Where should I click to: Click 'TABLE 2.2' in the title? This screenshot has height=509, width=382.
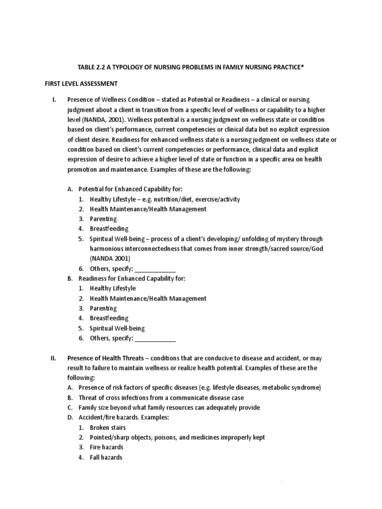click(95, 67)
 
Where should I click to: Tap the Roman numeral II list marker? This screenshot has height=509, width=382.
click(55, 358)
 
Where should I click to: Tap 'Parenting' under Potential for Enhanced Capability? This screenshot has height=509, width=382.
click(103, 219)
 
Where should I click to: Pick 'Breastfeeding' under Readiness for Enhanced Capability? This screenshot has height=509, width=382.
click(109, 318)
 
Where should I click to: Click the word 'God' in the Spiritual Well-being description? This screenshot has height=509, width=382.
click(317, 249)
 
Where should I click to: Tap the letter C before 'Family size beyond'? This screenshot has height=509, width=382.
click(70, 408)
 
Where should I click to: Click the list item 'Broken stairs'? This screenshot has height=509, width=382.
click(107, 427)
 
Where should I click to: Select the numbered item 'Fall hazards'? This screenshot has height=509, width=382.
click(106, 457)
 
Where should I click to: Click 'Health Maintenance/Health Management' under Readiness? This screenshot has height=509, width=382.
click(148, 299)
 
